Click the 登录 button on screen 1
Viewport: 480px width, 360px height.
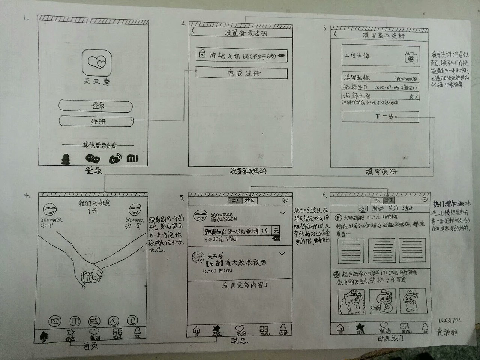[96, 106]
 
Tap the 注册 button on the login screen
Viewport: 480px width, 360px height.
[96, 121]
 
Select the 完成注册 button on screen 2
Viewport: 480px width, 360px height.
[241, 73]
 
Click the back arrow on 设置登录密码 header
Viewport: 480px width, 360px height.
[193, 31]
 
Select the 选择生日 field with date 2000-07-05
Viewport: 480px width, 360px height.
[380, 87]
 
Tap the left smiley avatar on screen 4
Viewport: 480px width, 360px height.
[48, 209]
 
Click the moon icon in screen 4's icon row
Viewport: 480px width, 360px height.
[113, 321]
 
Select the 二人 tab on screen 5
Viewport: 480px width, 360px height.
[235, 200]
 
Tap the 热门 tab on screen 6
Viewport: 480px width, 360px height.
[364, 208]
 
